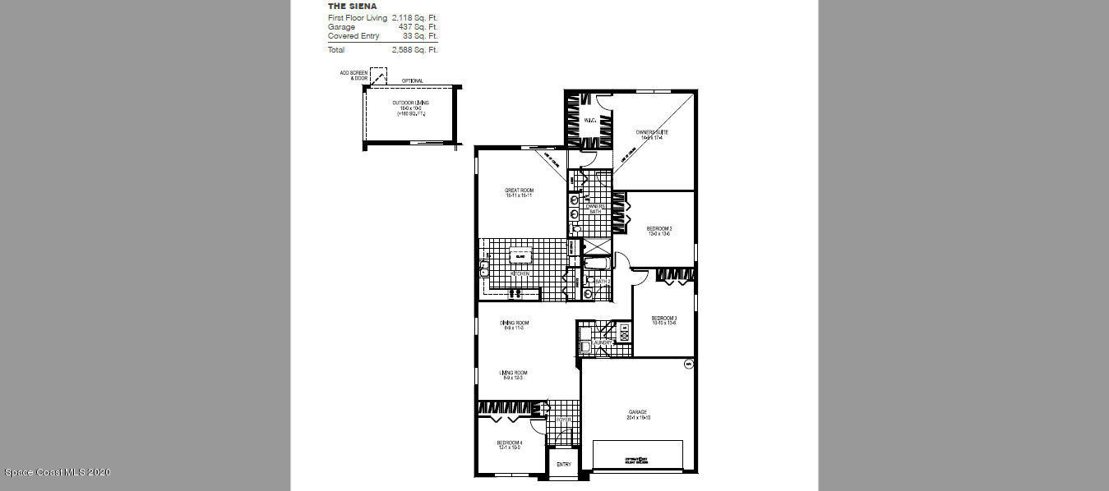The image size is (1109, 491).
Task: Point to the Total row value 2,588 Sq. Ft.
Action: tap(415, 50)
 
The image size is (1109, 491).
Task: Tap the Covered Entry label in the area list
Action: tap(353, 36)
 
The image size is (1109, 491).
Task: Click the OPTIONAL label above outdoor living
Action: tap(413, 80)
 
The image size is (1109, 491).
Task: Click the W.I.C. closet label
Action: tap(589, 121)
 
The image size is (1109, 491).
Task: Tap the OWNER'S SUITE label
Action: tap(652, 132)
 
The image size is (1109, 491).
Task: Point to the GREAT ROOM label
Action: tap(519, 190)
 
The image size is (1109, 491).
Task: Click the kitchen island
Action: tap(520, 256)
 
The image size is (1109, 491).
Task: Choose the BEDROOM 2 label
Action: tap(659, 228)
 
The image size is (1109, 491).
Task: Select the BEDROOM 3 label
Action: tap(663, 319)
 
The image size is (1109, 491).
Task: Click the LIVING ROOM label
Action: tap(514, 373)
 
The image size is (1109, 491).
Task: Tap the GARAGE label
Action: tap(638, 412)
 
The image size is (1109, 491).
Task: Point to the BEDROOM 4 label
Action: tap(509, 443)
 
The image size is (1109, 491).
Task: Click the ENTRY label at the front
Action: tap(563, 465)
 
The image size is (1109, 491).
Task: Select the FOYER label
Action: tap(563, 420)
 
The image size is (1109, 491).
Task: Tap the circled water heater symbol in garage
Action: tap(688, 363)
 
